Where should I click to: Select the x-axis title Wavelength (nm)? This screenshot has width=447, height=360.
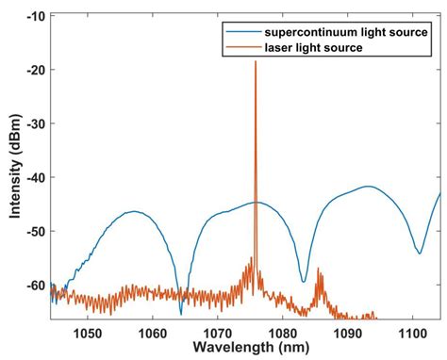click(x=246, y=350)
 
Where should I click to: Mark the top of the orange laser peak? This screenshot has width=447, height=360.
click(x=255, y=61)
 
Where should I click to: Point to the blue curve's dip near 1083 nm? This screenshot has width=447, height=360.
click(x=303, y=281)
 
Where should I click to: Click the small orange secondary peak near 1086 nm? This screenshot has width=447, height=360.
click(x=319, y=270)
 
